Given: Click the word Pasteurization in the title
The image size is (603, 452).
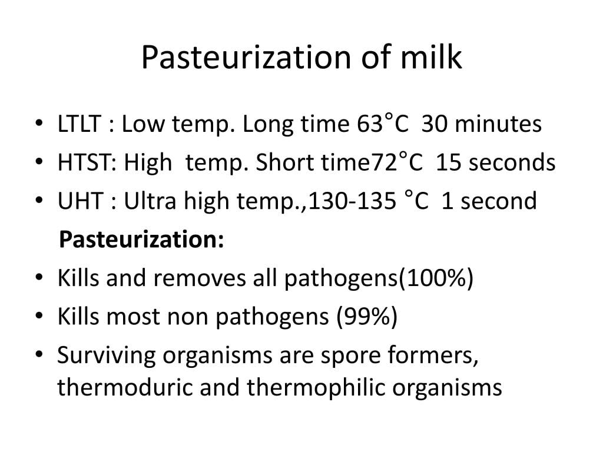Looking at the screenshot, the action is click(x=246, y=57).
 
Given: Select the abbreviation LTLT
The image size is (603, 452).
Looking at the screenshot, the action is click(x=79, y=124).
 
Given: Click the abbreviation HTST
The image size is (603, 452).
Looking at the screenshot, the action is click(x=87, y=162).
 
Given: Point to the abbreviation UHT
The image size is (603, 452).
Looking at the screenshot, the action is click(x=80, y=201).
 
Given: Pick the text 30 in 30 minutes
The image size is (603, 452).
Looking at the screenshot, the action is click(x=434, y=124).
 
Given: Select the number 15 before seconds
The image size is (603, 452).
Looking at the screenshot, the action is click(x=448, y=162).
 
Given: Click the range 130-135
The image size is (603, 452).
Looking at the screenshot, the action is click(x=352, y=201).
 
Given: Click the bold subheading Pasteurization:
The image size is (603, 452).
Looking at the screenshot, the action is click(x=141, y=240).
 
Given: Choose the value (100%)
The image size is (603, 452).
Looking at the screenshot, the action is click(x=435, y=278).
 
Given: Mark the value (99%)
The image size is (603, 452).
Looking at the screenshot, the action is click(x=367, y=316).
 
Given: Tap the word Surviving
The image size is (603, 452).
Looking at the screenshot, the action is click(x=107, y=355).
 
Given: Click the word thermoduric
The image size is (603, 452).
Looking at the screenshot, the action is click(x=125, y=387).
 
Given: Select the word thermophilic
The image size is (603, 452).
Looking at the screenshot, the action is click(x=316, y=387).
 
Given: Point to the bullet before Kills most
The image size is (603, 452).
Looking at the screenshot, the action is click(x=39, y=315).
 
